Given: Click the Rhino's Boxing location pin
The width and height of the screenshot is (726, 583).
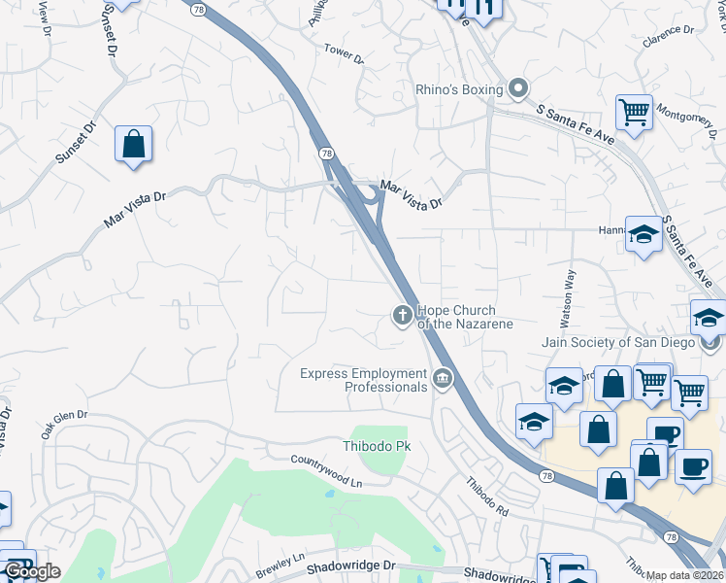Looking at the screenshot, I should click(x=517, y=89).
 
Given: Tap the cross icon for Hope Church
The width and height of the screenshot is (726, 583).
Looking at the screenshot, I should click(x=401, y=315).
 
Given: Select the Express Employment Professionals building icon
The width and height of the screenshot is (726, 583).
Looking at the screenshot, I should click(x=443, y=378).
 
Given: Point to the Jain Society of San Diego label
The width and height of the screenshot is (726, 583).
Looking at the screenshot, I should click(x=618, y=342).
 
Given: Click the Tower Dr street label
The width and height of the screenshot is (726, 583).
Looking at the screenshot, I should click(x=344, y=53).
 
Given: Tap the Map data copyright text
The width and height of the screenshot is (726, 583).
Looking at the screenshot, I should click(x=685, y=575).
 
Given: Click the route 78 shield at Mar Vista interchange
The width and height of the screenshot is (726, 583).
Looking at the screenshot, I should click(x=327, y=154).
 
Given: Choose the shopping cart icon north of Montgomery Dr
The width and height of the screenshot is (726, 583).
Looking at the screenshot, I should click(x=634, y=111).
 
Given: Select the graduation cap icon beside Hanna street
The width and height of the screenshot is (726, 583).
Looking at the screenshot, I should click(x=643, y=234).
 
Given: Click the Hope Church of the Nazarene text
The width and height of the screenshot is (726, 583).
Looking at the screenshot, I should click(x=464, y=317).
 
